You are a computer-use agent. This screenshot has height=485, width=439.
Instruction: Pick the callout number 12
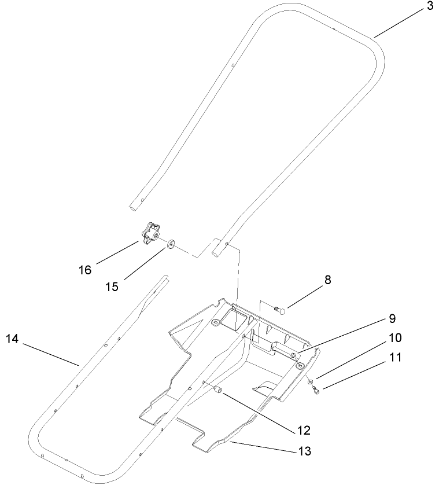(303, 430)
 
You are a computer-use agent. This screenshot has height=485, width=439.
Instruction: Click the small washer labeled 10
(311, 382)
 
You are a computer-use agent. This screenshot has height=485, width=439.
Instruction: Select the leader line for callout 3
(402, 23)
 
